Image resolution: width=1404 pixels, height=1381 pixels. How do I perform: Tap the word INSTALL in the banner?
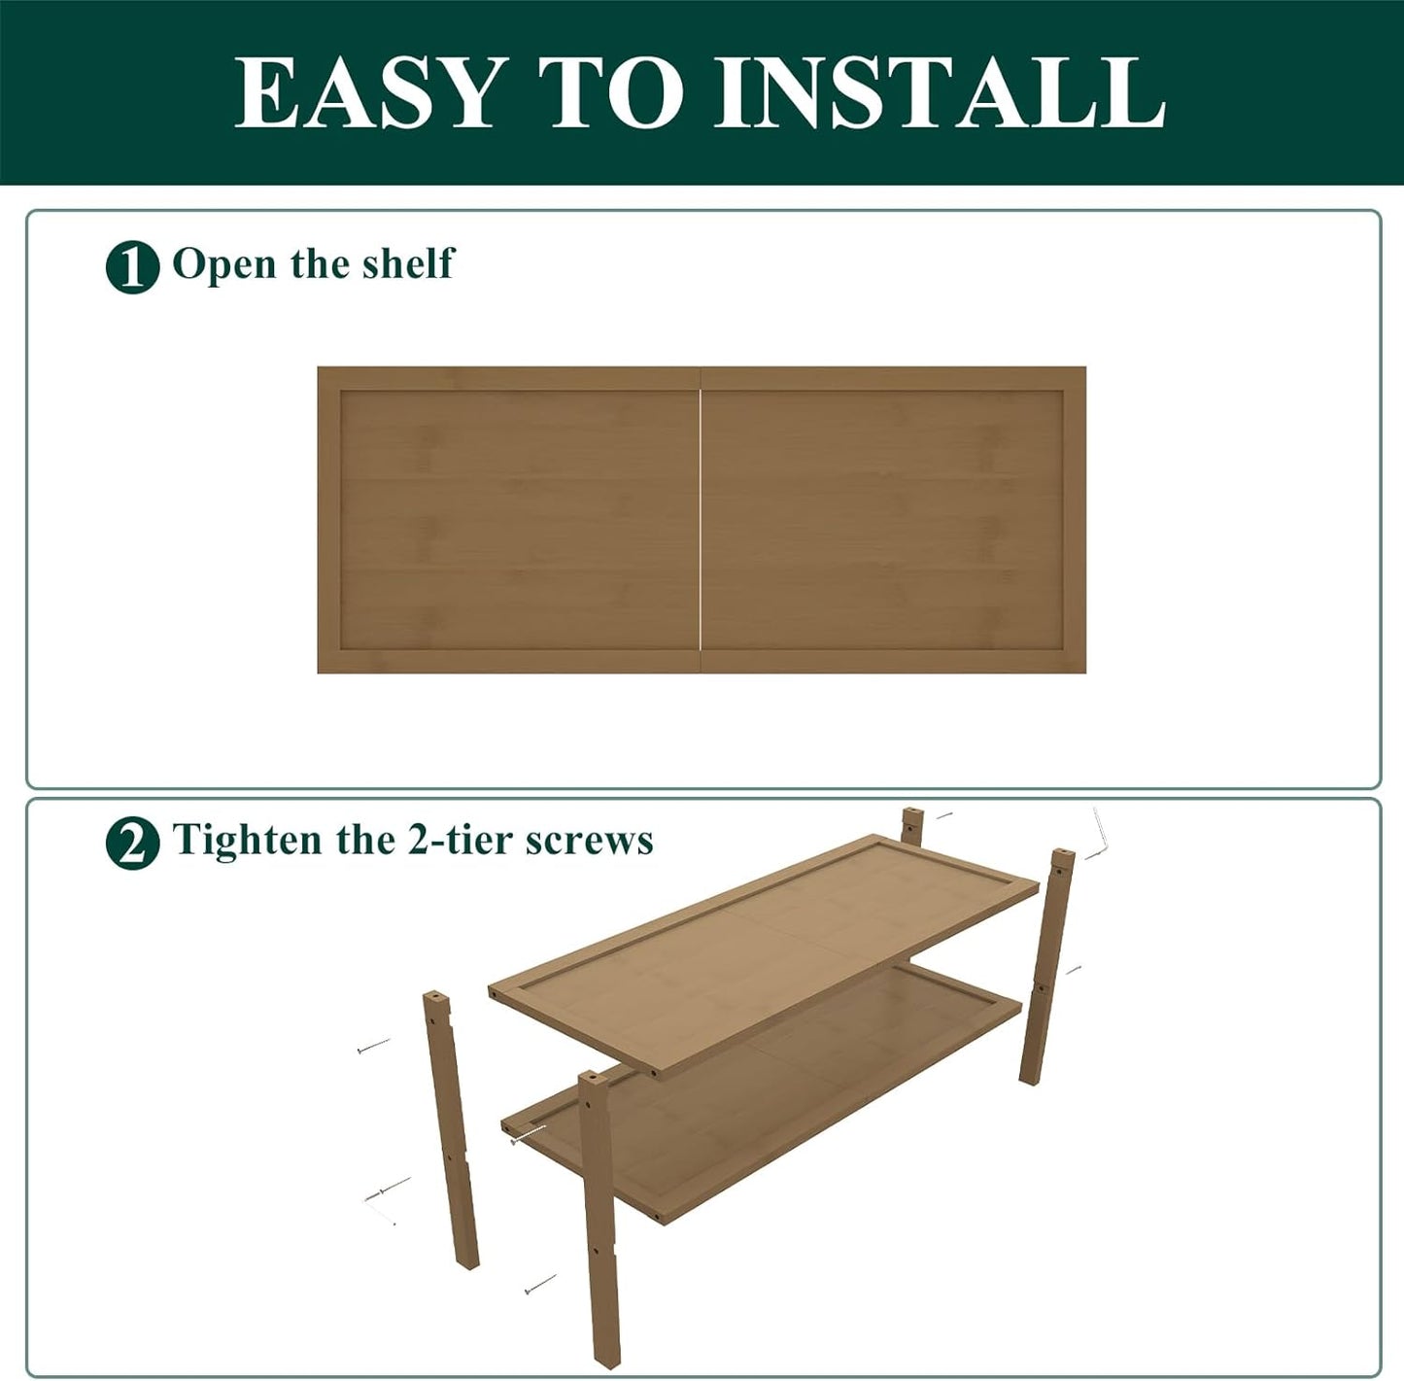(940, 92)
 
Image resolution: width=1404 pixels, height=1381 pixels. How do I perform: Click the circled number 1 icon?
(132, 266)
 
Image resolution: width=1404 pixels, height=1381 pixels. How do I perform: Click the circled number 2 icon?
(132, 843)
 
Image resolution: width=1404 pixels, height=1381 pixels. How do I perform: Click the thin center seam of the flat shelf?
(700, 520)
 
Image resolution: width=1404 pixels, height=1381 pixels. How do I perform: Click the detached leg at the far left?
(451, 1127)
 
